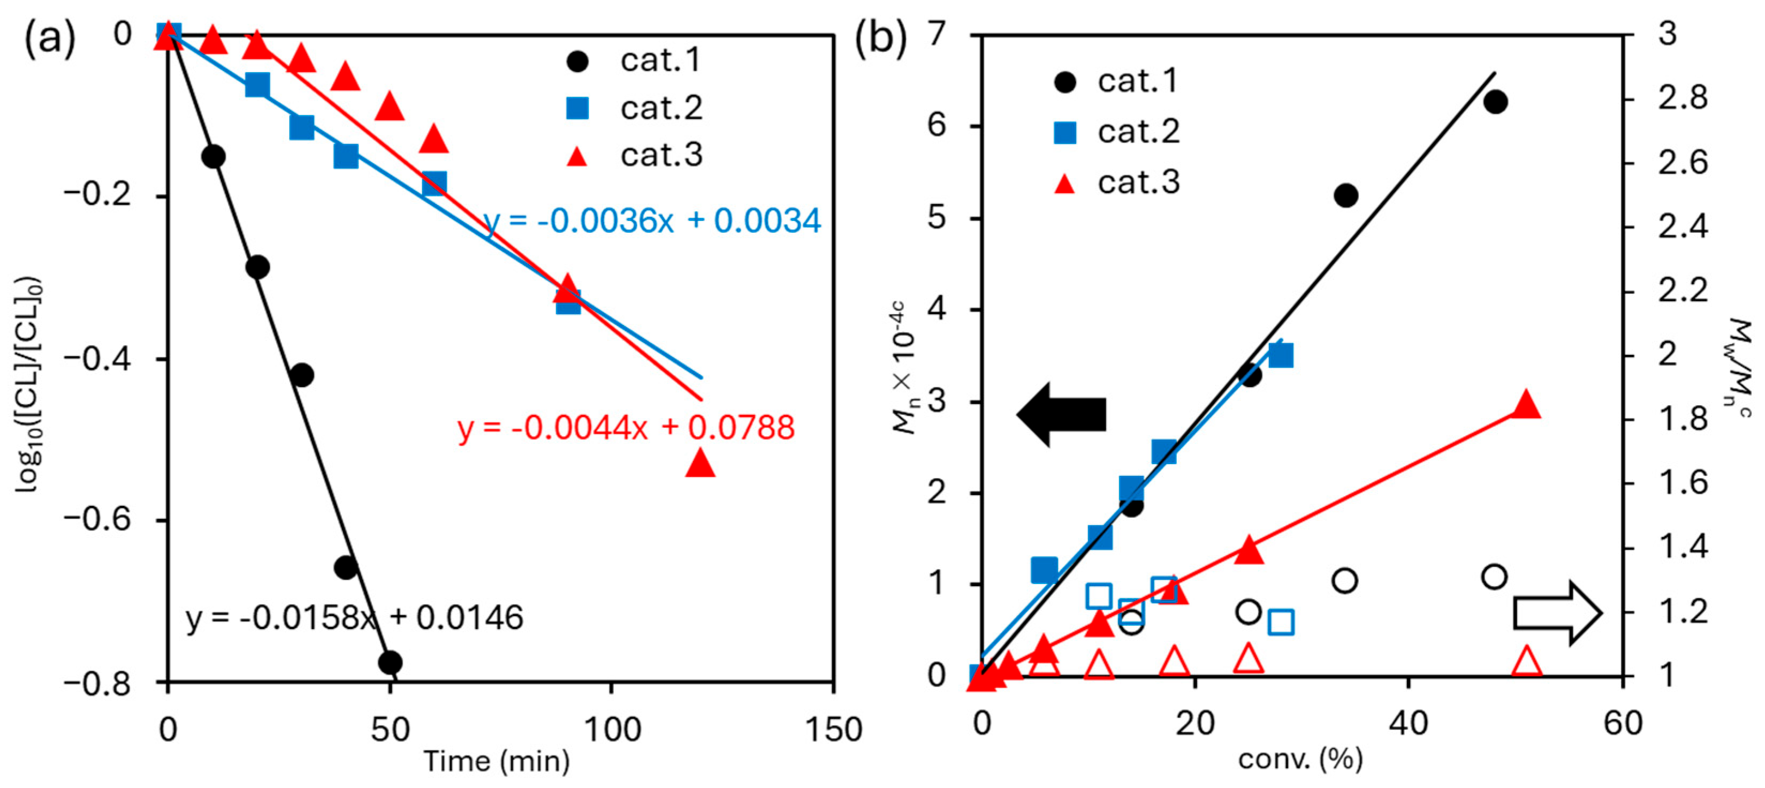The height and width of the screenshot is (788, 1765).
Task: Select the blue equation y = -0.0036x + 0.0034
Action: pyautogui.click(x=651, y=221)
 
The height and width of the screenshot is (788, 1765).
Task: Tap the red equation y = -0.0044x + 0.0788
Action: pyautogui.click(x=626, y=428)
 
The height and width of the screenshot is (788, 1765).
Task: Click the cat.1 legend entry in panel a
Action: pyautogui.click(x=634, y=61)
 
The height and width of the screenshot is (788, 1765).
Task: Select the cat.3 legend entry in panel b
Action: pyautogui.click(x=1117, y=182)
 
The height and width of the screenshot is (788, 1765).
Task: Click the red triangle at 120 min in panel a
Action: pyautogui.click(x=699, y=463)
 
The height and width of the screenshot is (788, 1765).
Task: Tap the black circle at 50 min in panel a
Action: pyautogui.click(x=390, y=662)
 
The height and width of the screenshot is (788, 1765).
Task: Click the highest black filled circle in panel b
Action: pyautogui.click(x=1495, y=101)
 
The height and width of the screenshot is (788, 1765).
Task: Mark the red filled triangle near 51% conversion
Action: pyautogui.click(x=1526, y=405)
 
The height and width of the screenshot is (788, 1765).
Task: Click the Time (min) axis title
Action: pyautogui.click(x=496, y=761)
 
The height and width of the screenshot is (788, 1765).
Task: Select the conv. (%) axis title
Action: pyautogui.click(x=1300, y=759)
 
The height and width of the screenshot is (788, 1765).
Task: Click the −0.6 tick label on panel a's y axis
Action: pyautogui.click(x=97, y=520)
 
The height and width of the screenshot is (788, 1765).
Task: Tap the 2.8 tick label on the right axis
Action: pyautogui.click(x=1682, y=98)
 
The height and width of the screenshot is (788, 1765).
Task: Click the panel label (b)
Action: pyautogui.click(x=880, y=37)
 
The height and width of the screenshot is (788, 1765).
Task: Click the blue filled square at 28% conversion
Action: pyautogui.click(x=1280, y=355)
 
